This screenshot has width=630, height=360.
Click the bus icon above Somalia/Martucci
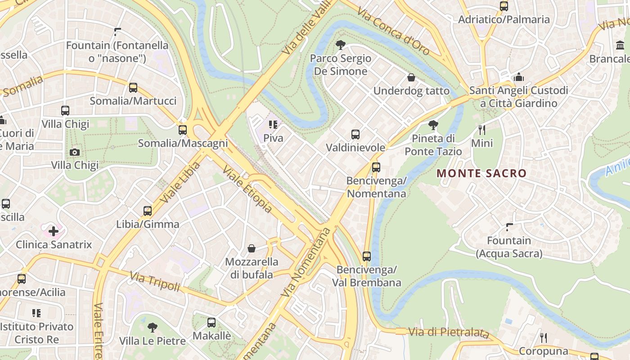click(133, 88)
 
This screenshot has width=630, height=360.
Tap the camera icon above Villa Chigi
click(75, 152)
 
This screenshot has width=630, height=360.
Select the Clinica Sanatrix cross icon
click(54, 231)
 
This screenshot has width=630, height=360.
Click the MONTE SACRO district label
click(481, 173)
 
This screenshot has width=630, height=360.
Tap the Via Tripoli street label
click(155, 281)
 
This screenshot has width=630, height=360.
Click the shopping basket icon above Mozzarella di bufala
click(252, 248)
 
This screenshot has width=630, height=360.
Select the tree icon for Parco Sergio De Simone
click(340, 45)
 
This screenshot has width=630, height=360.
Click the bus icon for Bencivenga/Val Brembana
click(367, 256)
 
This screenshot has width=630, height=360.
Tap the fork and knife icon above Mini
click(482, 130)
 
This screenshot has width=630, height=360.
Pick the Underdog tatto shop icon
click(411, 77)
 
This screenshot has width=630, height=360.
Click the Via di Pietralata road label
click(448, 333)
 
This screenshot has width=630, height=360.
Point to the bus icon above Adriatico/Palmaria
click(504, 6)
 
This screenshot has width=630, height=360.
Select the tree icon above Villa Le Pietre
click(153, 327)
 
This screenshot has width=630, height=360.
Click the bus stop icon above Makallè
click(211, 322)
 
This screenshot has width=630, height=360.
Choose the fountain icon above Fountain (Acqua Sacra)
click(509, 227)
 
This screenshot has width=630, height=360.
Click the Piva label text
click(273, 138)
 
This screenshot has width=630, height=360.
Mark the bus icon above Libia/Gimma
click(148, 211)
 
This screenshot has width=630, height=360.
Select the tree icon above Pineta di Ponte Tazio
click(433, 125)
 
